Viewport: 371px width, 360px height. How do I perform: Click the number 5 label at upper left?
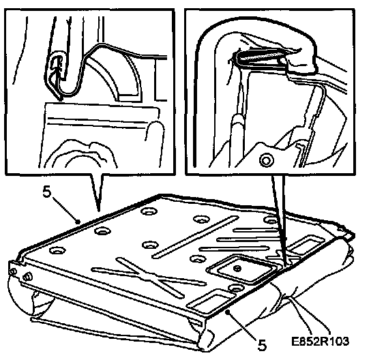coord(47,192)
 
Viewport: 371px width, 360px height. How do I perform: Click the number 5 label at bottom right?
coord(262,345)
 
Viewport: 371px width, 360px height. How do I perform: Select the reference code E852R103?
coord(320,341)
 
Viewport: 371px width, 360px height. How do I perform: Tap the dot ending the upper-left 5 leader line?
coord(77,222)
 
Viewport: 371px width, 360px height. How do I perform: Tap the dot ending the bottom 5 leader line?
coord(227,312)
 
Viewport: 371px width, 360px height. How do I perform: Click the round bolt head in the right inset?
coord(267,160)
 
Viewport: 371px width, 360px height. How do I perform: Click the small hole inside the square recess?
coord(237,269)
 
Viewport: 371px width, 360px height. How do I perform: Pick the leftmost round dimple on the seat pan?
coord(57,250)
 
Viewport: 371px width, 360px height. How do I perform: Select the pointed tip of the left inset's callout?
coord(99,211)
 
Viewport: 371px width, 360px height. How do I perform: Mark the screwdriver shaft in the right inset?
coord(237,140)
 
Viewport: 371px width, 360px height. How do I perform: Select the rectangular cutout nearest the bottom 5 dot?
coord(213,299)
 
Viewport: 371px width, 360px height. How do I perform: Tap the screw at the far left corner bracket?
coord(27,276)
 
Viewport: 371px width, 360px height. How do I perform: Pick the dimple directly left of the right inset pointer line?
coord(271,220)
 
